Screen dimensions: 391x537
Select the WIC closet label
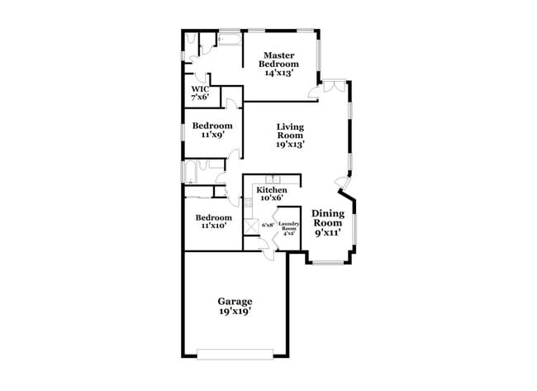click(x=200, y=88)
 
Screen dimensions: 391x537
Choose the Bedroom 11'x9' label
click(x=212, y=126)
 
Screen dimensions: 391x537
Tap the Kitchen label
click(x=272, y=190)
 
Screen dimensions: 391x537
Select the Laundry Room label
click(x=288, y=226)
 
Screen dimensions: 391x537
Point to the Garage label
click(x=235, y=301)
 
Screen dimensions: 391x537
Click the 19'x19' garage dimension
click(x=235, y=312)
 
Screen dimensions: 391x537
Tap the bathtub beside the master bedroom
click(x=229, y=38)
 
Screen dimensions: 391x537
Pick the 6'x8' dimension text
click(x=267, y=225)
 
